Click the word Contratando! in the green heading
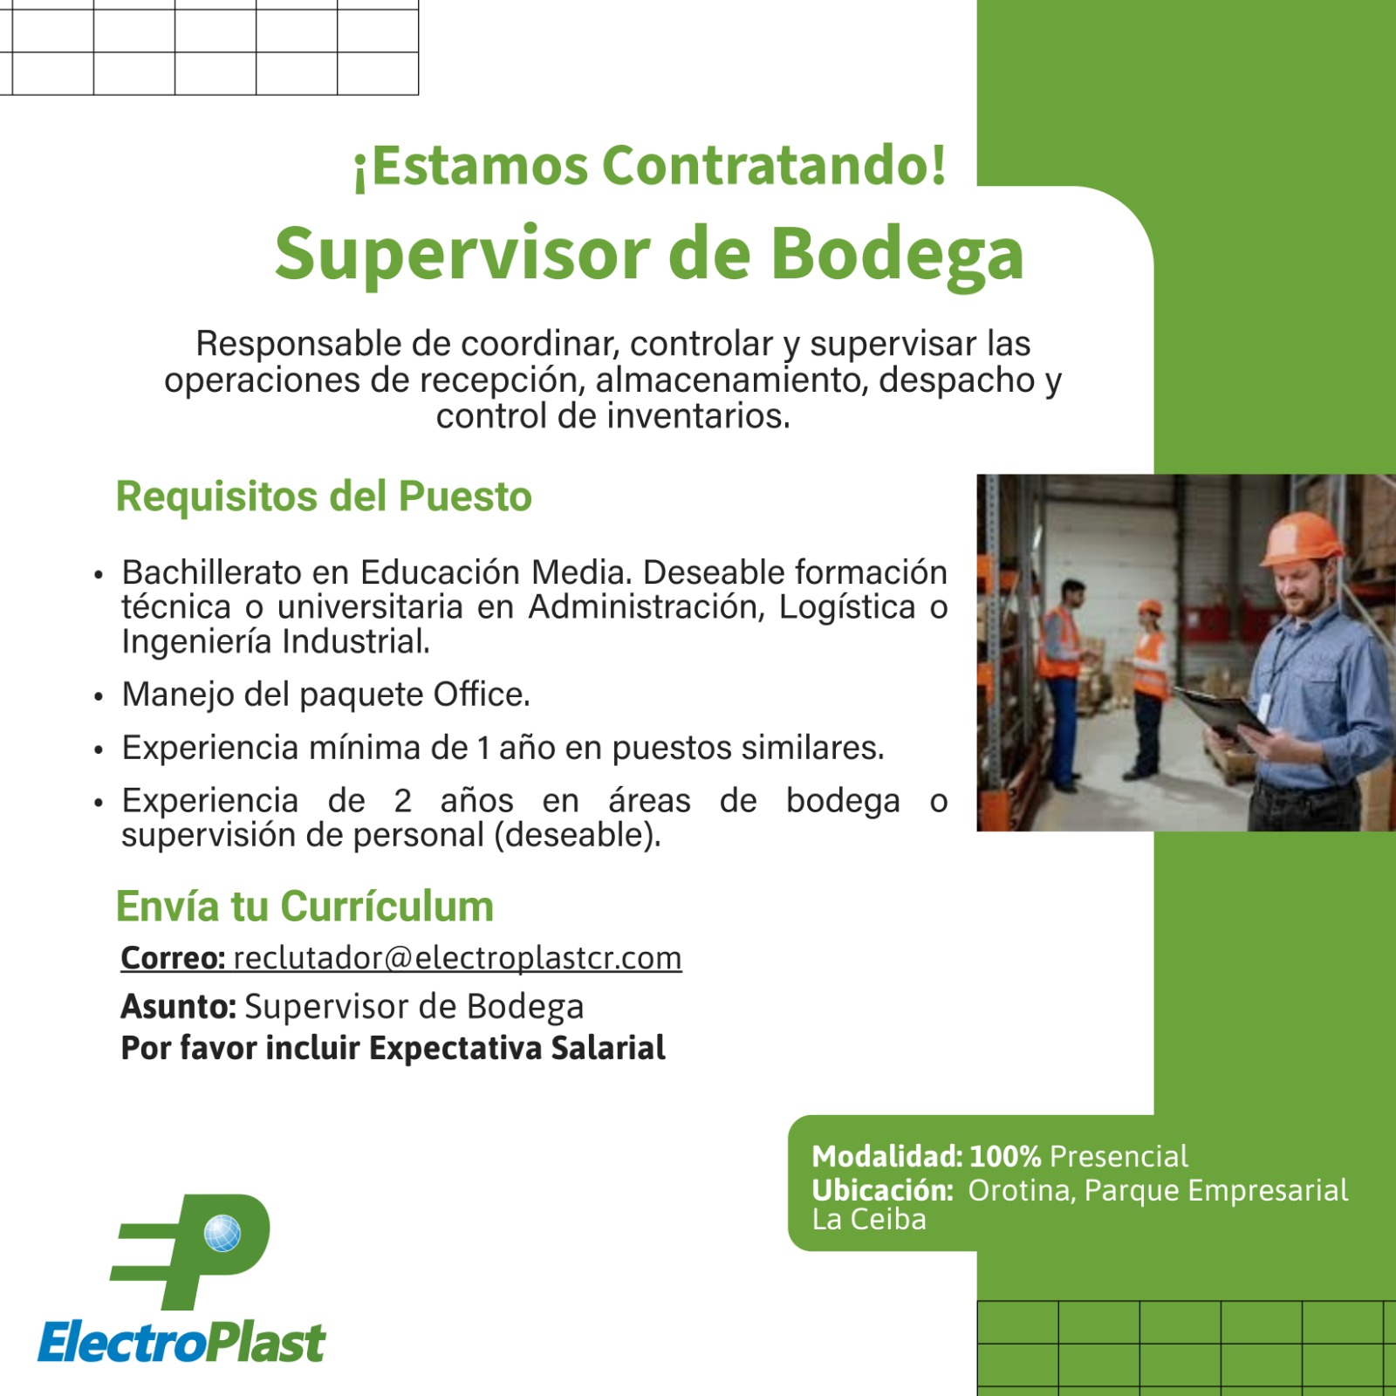coord(774,166)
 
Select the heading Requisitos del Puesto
coord(324,496)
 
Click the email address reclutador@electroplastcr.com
coord(457,958)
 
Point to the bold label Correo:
coord(173,958)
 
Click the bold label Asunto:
coord(178,1007)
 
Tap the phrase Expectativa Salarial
coord(517,1048)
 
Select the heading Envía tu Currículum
coord(305,907)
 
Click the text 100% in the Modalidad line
coord(1005,1157)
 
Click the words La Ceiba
coord(868,1220)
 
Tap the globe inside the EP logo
coord(222,1234)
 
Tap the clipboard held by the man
coord(1221,711)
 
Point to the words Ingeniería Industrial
coord(276,642)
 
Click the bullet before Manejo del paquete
coord(99,697)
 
